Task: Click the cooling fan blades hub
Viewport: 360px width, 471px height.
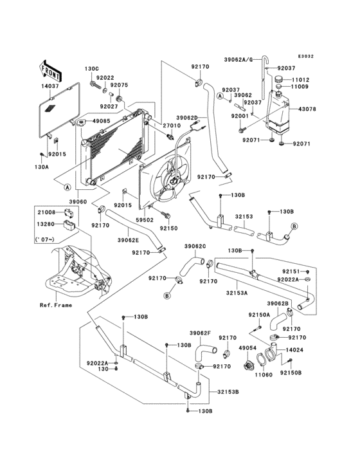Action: [x=174, y=183]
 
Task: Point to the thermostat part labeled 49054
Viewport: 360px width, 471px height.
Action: [x=247, y=366]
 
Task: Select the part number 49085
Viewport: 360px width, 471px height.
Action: [x=100, y=120]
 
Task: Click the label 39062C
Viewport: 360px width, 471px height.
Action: [x=195, y=246]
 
